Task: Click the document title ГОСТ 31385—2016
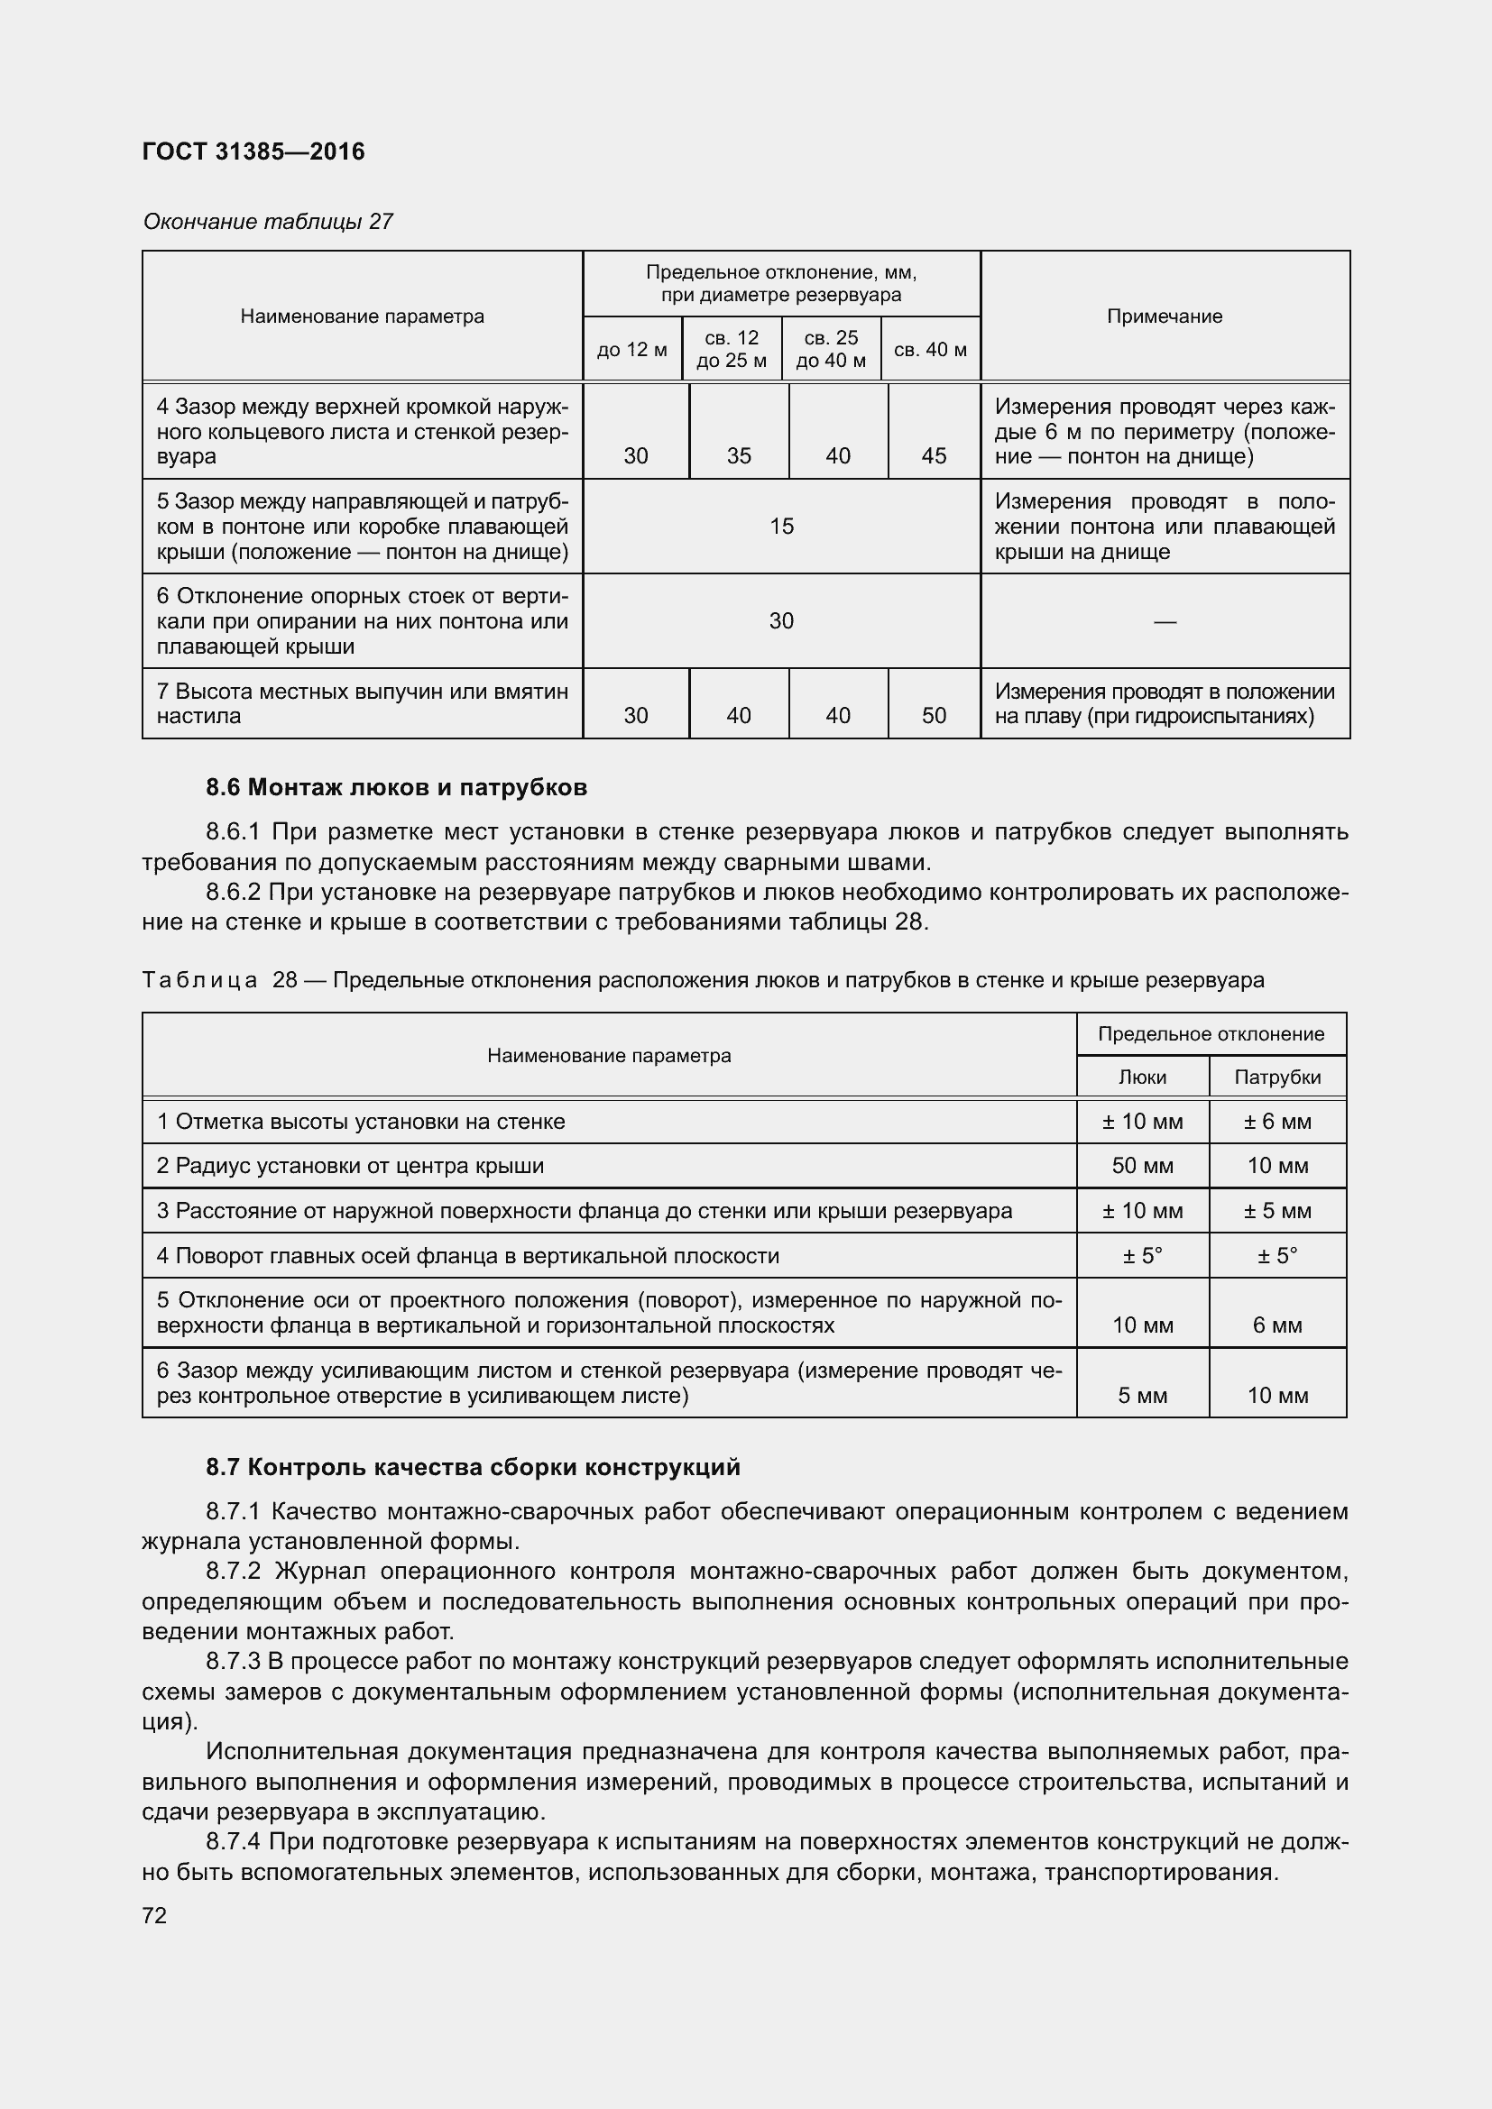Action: tap(253, 151)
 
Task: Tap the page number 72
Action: tap(154, 1915)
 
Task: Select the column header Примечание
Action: tap(1164, 316)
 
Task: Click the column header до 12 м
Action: tap(632, 350)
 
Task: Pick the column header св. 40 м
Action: tap(930, 350)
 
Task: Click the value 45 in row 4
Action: tap(934, 456)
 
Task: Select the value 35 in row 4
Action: tap(739, 456)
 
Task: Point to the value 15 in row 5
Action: tap(781, 527)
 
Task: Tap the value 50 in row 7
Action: tap(934, 716)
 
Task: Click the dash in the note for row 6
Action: tap(1164, 622)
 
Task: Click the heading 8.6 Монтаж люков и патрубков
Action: tap(396, 787)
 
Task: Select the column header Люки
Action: tap(1142, 1077)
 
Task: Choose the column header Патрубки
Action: tap(1277, 1077)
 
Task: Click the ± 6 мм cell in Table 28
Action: tap(1277, 1122)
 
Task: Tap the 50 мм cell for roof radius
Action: tap(1142, 1166)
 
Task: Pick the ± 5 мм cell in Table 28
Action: tap(1277, 1211)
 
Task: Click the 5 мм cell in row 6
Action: tap(1142, 1396)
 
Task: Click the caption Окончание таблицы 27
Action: tap(267, 222)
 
